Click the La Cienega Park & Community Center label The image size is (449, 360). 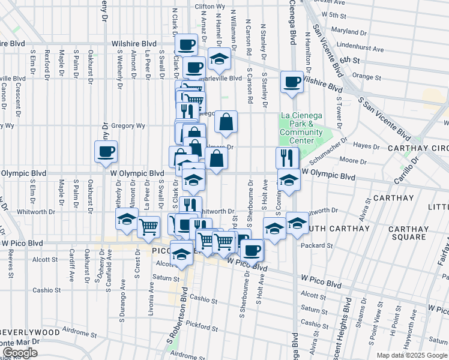(x=301, y=128)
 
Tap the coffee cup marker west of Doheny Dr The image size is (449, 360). (x=106, y=152)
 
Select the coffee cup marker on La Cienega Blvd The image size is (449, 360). (x=292, y=82)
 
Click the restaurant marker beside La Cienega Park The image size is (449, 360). (x=287, y=158)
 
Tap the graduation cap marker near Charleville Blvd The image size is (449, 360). (x=220, y=59)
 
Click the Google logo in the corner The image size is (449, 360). (x=20, y=353)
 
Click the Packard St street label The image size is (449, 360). (x=317, y=245)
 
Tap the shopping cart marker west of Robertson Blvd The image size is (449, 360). (x=149, y=227)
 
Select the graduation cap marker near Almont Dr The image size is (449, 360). (x=127, y=220)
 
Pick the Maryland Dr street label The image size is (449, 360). (x=344, y=31)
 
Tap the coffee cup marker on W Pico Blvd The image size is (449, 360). (x=252, y=250)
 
